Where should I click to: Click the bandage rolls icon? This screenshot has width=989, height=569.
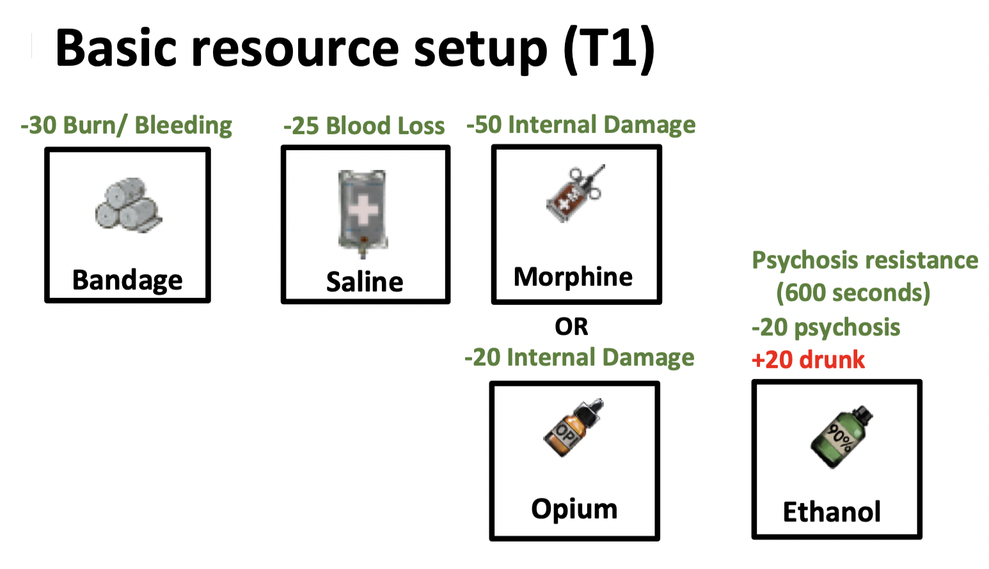(x=128, y=205)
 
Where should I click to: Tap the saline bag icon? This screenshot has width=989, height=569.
(x=363, y=213)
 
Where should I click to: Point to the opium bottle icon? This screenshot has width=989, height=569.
(x=573, y=428)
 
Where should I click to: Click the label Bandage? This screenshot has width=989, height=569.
(x=127, y=280)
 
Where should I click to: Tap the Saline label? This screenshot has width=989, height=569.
(x=365, y=282)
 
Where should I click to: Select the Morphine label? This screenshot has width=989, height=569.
(x=573, y=277)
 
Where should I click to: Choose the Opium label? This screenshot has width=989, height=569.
(x=574, y=509)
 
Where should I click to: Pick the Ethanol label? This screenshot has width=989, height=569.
(x=832, y=512)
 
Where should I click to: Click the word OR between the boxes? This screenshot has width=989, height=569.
(x=571, y=327)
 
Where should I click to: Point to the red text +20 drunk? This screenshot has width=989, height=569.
(x=808, y=360)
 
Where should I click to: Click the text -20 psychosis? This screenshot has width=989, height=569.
(x=826, y=327)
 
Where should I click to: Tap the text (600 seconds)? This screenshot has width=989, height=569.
(x=853, y=293)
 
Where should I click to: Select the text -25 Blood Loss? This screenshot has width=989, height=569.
(x=364, y=126)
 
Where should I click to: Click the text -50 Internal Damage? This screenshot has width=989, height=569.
(x=581, y=125)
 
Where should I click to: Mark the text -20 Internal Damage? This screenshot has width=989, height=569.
(x=579, y=357)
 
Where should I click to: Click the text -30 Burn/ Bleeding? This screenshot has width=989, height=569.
(x=126, y=125)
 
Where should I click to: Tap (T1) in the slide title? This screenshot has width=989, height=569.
(x=609, y=49)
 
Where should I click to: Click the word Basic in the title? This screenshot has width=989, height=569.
(x=116, y=49)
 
